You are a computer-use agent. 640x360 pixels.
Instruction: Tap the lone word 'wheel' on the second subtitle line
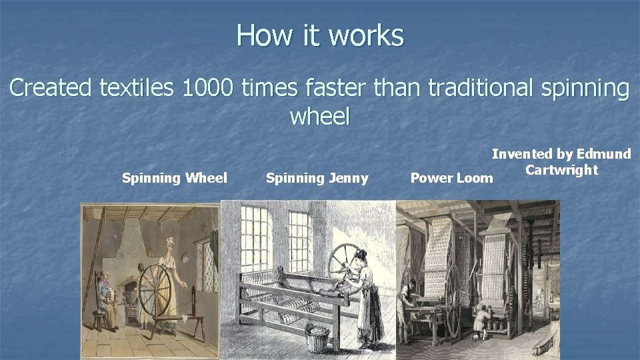coord(319,117)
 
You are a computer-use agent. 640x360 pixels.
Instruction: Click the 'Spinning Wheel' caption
coord(175,178)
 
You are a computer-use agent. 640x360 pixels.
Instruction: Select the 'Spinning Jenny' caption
coord(317,178)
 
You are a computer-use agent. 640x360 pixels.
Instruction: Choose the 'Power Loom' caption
coord(451,178)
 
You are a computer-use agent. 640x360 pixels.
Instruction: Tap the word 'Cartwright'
coord(561,169)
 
